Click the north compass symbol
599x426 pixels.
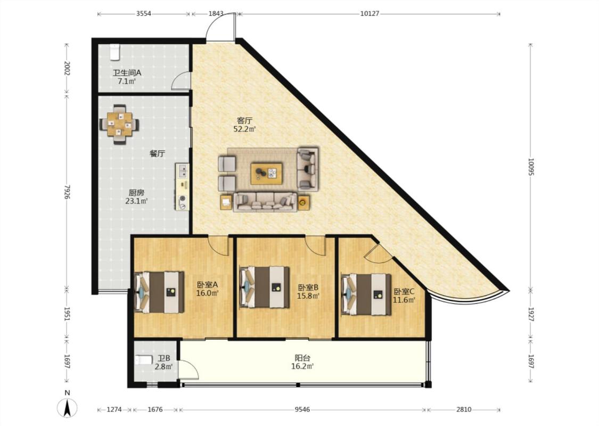click(x=67, y=407)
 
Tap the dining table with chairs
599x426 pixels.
click(x=119, y=124)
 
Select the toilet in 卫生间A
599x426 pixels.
click(x=114, y=52)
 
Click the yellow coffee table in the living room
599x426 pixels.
click(x=267, y=174)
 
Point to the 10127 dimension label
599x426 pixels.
click(x=370, y=13)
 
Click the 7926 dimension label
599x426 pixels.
click(x=67, y=192)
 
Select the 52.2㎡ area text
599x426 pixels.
click(x=244, y=129)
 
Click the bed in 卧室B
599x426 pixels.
click(x=264, y=287)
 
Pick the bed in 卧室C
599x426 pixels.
click(x=366, y=294)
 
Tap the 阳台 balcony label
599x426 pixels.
click(x=302, y=358)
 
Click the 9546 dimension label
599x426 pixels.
click(x=302, y=409)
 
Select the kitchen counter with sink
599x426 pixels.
click(x=183, y=187)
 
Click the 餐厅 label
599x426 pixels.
click(x=157, y=153)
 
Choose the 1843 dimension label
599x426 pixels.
click(x=216, y=13)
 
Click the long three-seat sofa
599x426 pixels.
click(x=265, y=202)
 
